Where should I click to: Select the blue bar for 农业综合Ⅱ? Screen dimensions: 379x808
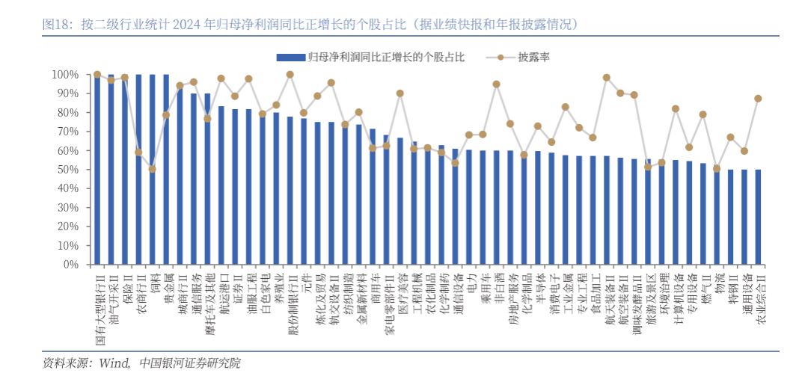758,217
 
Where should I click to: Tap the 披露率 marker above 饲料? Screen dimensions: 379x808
153,169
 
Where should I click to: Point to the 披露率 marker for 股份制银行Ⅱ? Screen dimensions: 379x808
290,75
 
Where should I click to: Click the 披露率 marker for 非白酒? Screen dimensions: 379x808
497,84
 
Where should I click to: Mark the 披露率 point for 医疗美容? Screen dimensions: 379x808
400,93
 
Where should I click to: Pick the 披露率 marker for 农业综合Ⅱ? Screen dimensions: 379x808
758,99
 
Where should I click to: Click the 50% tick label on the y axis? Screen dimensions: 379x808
65,170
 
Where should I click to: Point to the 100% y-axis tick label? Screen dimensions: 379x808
63,75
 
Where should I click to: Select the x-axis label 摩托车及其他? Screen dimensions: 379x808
207,300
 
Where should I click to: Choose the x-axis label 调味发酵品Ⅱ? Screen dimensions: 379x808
634,300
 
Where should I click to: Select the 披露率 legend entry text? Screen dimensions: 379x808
533,57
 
